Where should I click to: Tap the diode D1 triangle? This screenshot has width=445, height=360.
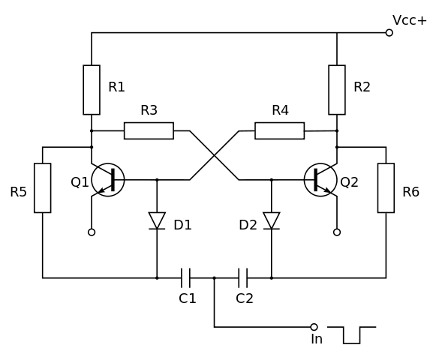click(157, 220)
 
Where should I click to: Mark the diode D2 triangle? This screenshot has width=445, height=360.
click(272, 220)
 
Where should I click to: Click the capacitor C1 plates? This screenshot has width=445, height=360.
click(185, 278)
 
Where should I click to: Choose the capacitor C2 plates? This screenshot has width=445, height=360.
click(243, 278)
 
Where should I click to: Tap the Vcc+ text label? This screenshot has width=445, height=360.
click(410, 20)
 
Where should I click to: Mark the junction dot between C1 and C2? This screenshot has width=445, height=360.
click(215, 278)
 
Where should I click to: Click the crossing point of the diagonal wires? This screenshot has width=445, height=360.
click(215, 155)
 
